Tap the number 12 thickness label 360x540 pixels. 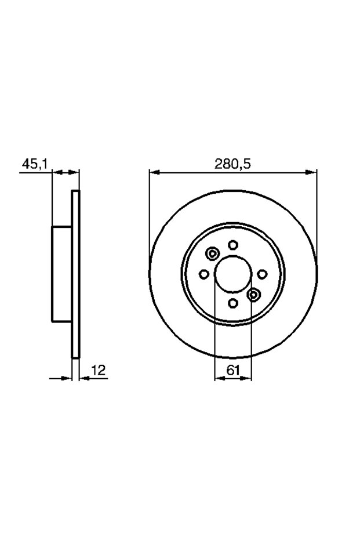coord(98,370)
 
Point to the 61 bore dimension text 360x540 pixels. coord(233,370)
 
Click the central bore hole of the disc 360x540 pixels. coord(233,274)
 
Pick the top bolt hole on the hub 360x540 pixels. coord(233,245)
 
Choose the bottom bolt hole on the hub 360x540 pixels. coord(233,303)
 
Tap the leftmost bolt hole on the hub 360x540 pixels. coord(204,274)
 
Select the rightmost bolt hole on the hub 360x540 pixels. coord(262,274)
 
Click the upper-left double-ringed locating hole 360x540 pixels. coord(212,254)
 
